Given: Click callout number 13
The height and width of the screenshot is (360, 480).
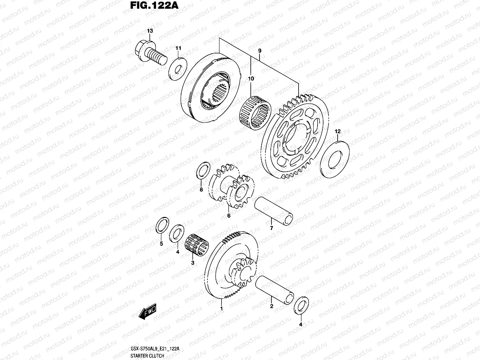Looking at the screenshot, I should (x=150, y=31).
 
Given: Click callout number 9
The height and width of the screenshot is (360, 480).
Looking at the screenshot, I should (x=260, y=51).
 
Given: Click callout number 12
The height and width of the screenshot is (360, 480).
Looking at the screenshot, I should (x=337, y=131).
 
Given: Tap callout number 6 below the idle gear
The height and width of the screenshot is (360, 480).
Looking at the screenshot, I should (x=229, y=216).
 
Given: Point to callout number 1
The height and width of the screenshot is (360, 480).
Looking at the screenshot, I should (x=221, y=309).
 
